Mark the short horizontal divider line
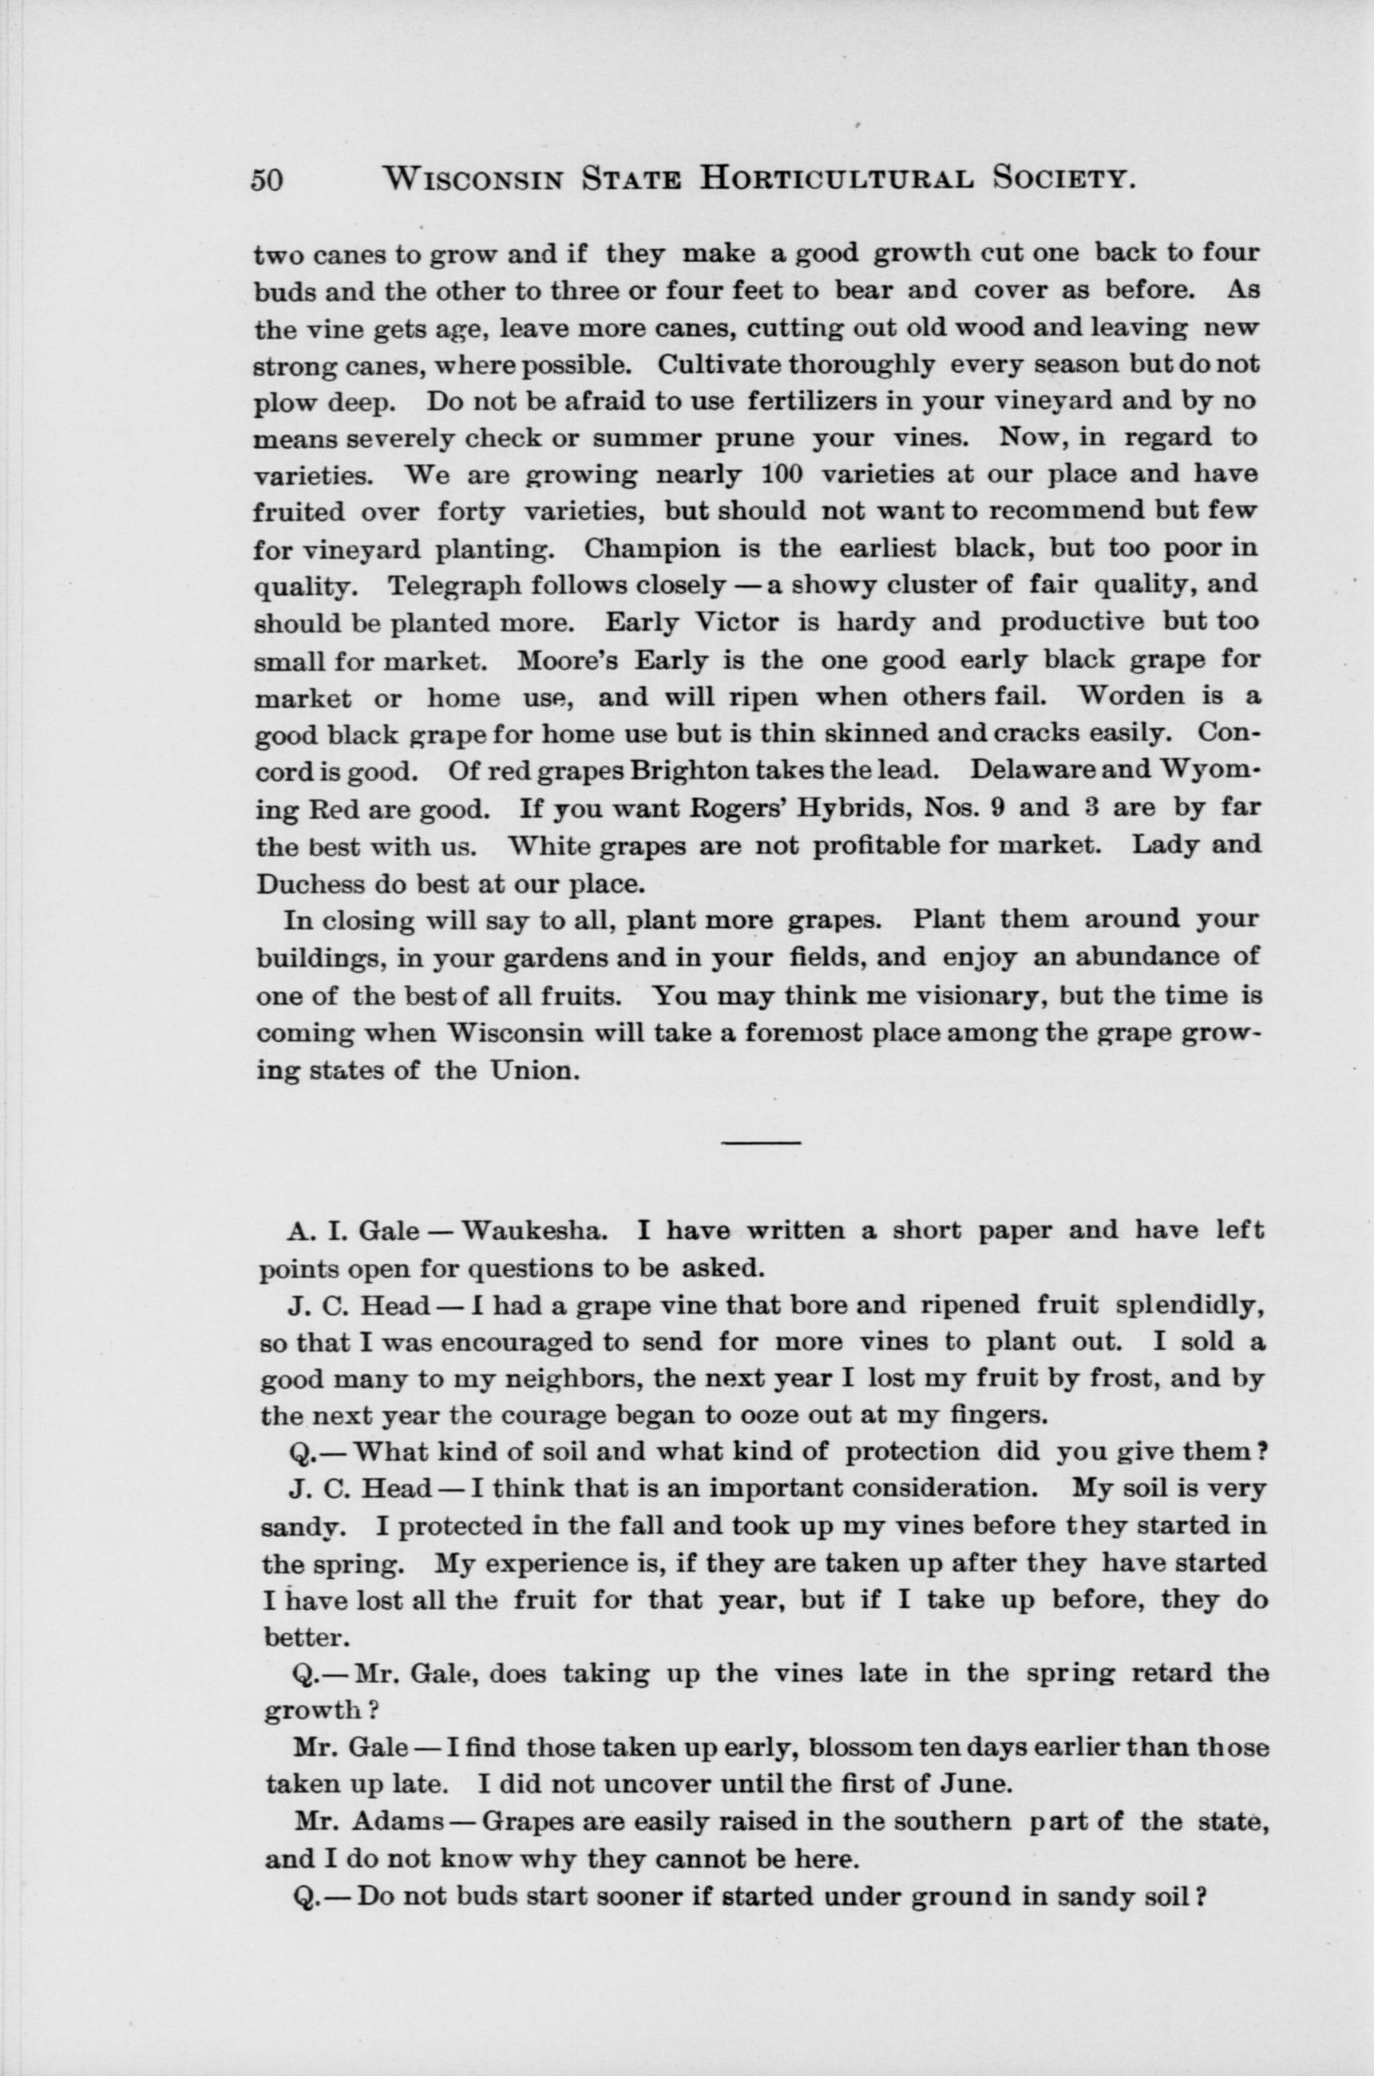(x=761, y=1142)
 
